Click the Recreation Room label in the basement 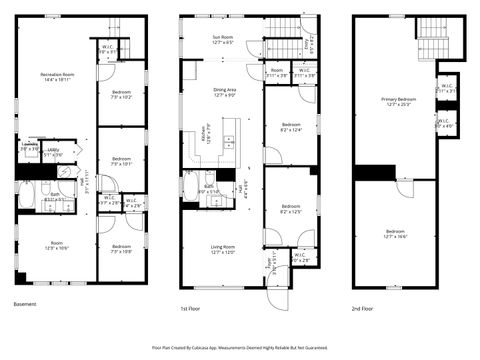point(57,76)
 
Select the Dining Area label point(224,92)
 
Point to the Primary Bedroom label point(396,101)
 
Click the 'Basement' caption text point(27,304)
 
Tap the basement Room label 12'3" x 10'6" point(56,248)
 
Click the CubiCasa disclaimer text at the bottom point(240,348)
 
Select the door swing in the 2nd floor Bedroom point(403,189)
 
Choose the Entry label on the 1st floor point(268,268)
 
